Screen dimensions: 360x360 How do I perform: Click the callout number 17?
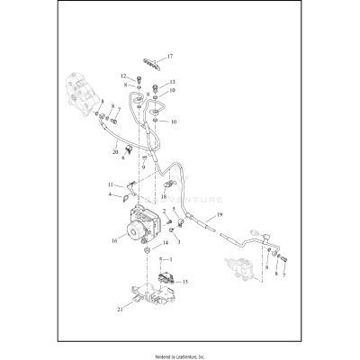pos(169,57)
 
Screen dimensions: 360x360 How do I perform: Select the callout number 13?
pos(171,82)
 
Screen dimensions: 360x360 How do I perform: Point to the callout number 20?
pos(115,153)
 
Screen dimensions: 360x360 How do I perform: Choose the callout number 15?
pos(184,282)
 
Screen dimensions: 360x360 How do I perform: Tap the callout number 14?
pos(163,243)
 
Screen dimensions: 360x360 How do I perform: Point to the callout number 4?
pos(111,193)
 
